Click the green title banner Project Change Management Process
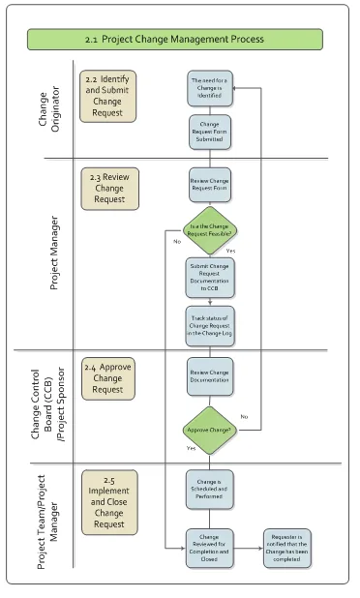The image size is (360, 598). pyautogui.click(x=173, y=40)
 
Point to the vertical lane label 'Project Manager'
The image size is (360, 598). pyautogui.click(x=54, y=254)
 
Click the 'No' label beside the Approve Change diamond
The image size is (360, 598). pyautogui.click(x=244, y=417)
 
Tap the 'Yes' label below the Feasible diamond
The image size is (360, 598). pyautogui.click(x=229, y=251)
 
